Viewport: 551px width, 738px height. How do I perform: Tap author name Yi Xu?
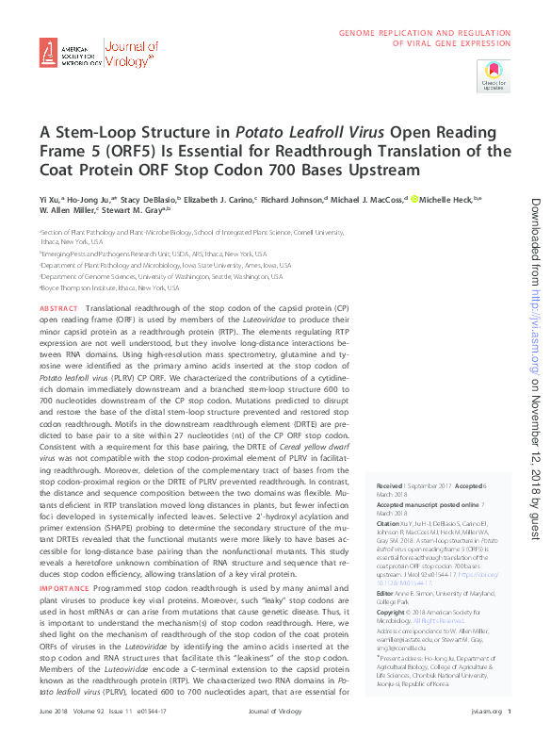coord(48,200)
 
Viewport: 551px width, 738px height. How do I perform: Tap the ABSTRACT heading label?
coord(59,309)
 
